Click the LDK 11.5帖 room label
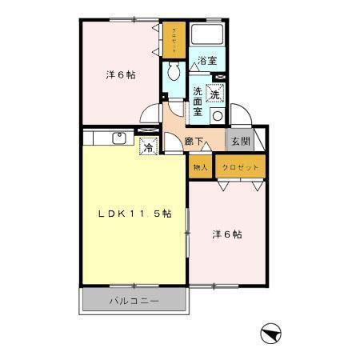tap(135, 213)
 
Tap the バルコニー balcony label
tap(134, 301)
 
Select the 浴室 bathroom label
tap(207, 59)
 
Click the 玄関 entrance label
tap(241, 142)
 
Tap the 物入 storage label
tap(200, 168)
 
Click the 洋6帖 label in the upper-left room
tap(121, 76)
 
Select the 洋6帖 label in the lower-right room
tap(227, 234)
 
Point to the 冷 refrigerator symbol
tap(148, 146)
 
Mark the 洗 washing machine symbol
tap(214, 94)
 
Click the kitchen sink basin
tap(120, 138)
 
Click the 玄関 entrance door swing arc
tap(241, 114)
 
